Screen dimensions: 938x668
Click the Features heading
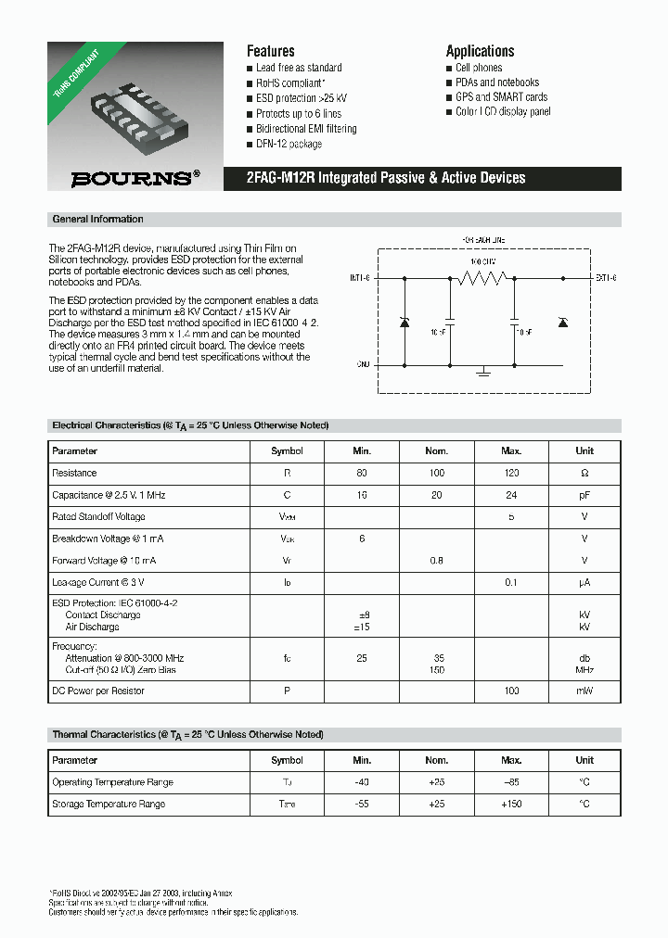270,51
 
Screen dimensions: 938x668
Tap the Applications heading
480,51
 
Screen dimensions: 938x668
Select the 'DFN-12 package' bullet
289,144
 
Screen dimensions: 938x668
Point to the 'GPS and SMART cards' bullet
501,96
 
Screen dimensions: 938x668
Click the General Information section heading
97,220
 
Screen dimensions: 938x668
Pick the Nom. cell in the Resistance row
436,473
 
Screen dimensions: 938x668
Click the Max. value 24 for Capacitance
511,495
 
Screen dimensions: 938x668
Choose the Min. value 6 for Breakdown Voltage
362,539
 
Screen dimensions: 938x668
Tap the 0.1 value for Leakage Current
511,582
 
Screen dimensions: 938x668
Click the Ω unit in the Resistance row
584,473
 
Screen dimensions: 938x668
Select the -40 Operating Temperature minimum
362,782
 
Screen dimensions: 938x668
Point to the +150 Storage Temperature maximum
511,804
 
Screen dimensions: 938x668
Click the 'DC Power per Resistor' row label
97,691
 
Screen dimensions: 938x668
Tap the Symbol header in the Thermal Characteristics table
287,760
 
